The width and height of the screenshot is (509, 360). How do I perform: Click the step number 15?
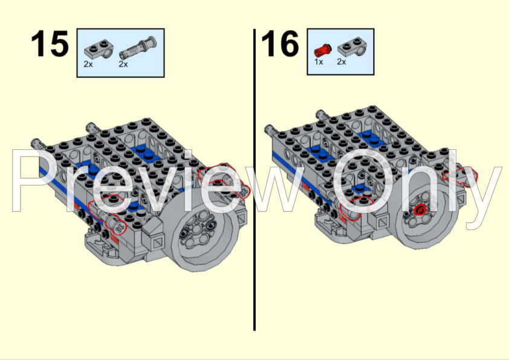(x=50, y=43)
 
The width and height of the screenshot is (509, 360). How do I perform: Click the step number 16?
(x=280, y=43)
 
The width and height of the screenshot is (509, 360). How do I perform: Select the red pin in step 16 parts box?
(x=323, y=50)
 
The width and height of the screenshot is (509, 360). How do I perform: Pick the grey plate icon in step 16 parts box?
(x=352, y=47)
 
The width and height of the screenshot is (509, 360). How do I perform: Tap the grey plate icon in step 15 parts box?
(x=99, y=49)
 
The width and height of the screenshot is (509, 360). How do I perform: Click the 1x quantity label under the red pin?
(x=319, y=62)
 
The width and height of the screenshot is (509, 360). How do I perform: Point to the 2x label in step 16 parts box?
(x=342, y=62)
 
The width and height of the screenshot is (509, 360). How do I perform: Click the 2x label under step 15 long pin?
(x=123, y=64)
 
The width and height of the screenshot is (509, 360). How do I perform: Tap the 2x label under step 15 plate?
(x=88, y=64)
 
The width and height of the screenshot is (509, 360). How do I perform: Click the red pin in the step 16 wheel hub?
(x=420, y=210)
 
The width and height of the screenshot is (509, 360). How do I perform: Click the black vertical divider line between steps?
(x=254, y=180)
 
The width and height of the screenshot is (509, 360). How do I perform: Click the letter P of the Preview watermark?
(x=32, y=182)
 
